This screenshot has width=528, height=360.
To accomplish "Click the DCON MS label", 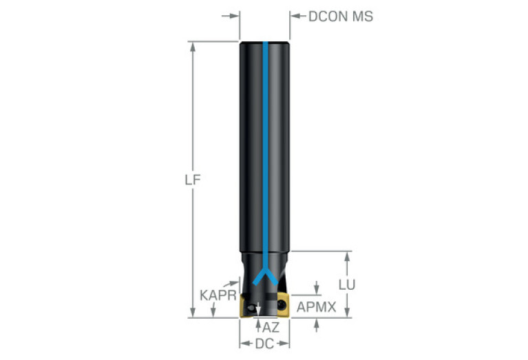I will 340,16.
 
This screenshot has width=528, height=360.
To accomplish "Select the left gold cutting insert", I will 245,308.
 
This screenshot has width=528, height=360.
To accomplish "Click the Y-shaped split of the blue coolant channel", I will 264,278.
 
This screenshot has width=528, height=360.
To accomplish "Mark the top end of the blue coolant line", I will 264,44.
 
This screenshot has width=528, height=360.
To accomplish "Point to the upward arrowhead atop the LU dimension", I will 348,256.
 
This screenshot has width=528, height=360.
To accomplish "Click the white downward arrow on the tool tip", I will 258,311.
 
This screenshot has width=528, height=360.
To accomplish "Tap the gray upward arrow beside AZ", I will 258,323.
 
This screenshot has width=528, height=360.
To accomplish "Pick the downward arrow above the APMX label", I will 317,288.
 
